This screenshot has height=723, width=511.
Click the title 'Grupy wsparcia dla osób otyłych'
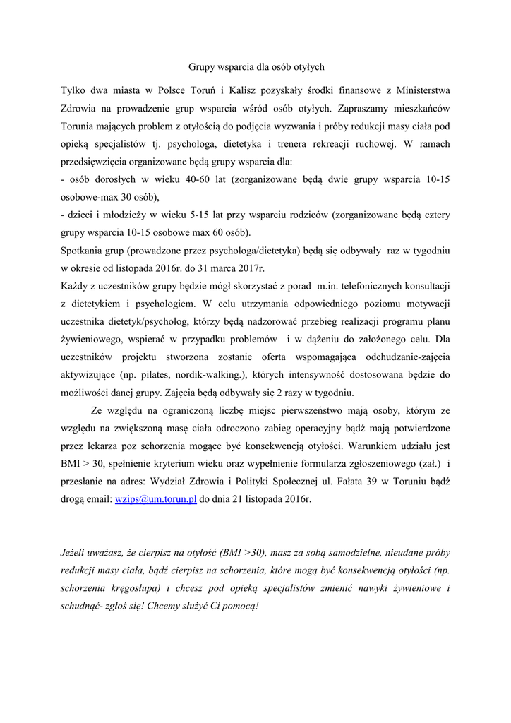[x=255, y=67]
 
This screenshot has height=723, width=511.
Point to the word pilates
[x=155, y=374]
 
